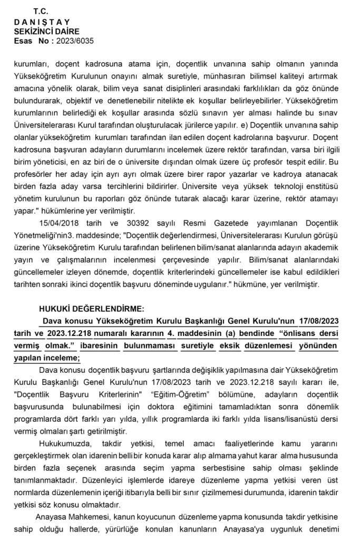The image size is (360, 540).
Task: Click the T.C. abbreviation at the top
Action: (x=40, y=11)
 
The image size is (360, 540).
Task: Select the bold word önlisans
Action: (x=293, y=333)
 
